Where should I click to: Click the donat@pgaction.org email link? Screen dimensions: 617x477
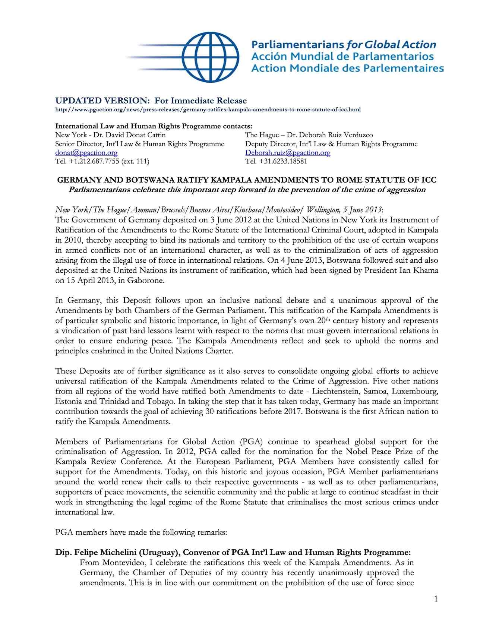point(86,153)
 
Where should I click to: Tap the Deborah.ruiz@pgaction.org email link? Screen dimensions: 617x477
point(287,153)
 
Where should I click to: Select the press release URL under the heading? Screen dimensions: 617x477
point(208,110)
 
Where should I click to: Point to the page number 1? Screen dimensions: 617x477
point(436,599)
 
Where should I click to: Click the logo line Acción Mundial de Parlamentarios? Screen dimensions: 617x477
point(342,57)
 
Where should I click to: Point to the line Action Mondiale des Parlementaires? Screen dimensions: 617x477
point(347,68)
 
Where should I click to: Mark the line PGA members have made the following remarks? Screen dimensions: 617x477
point(141,532)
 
